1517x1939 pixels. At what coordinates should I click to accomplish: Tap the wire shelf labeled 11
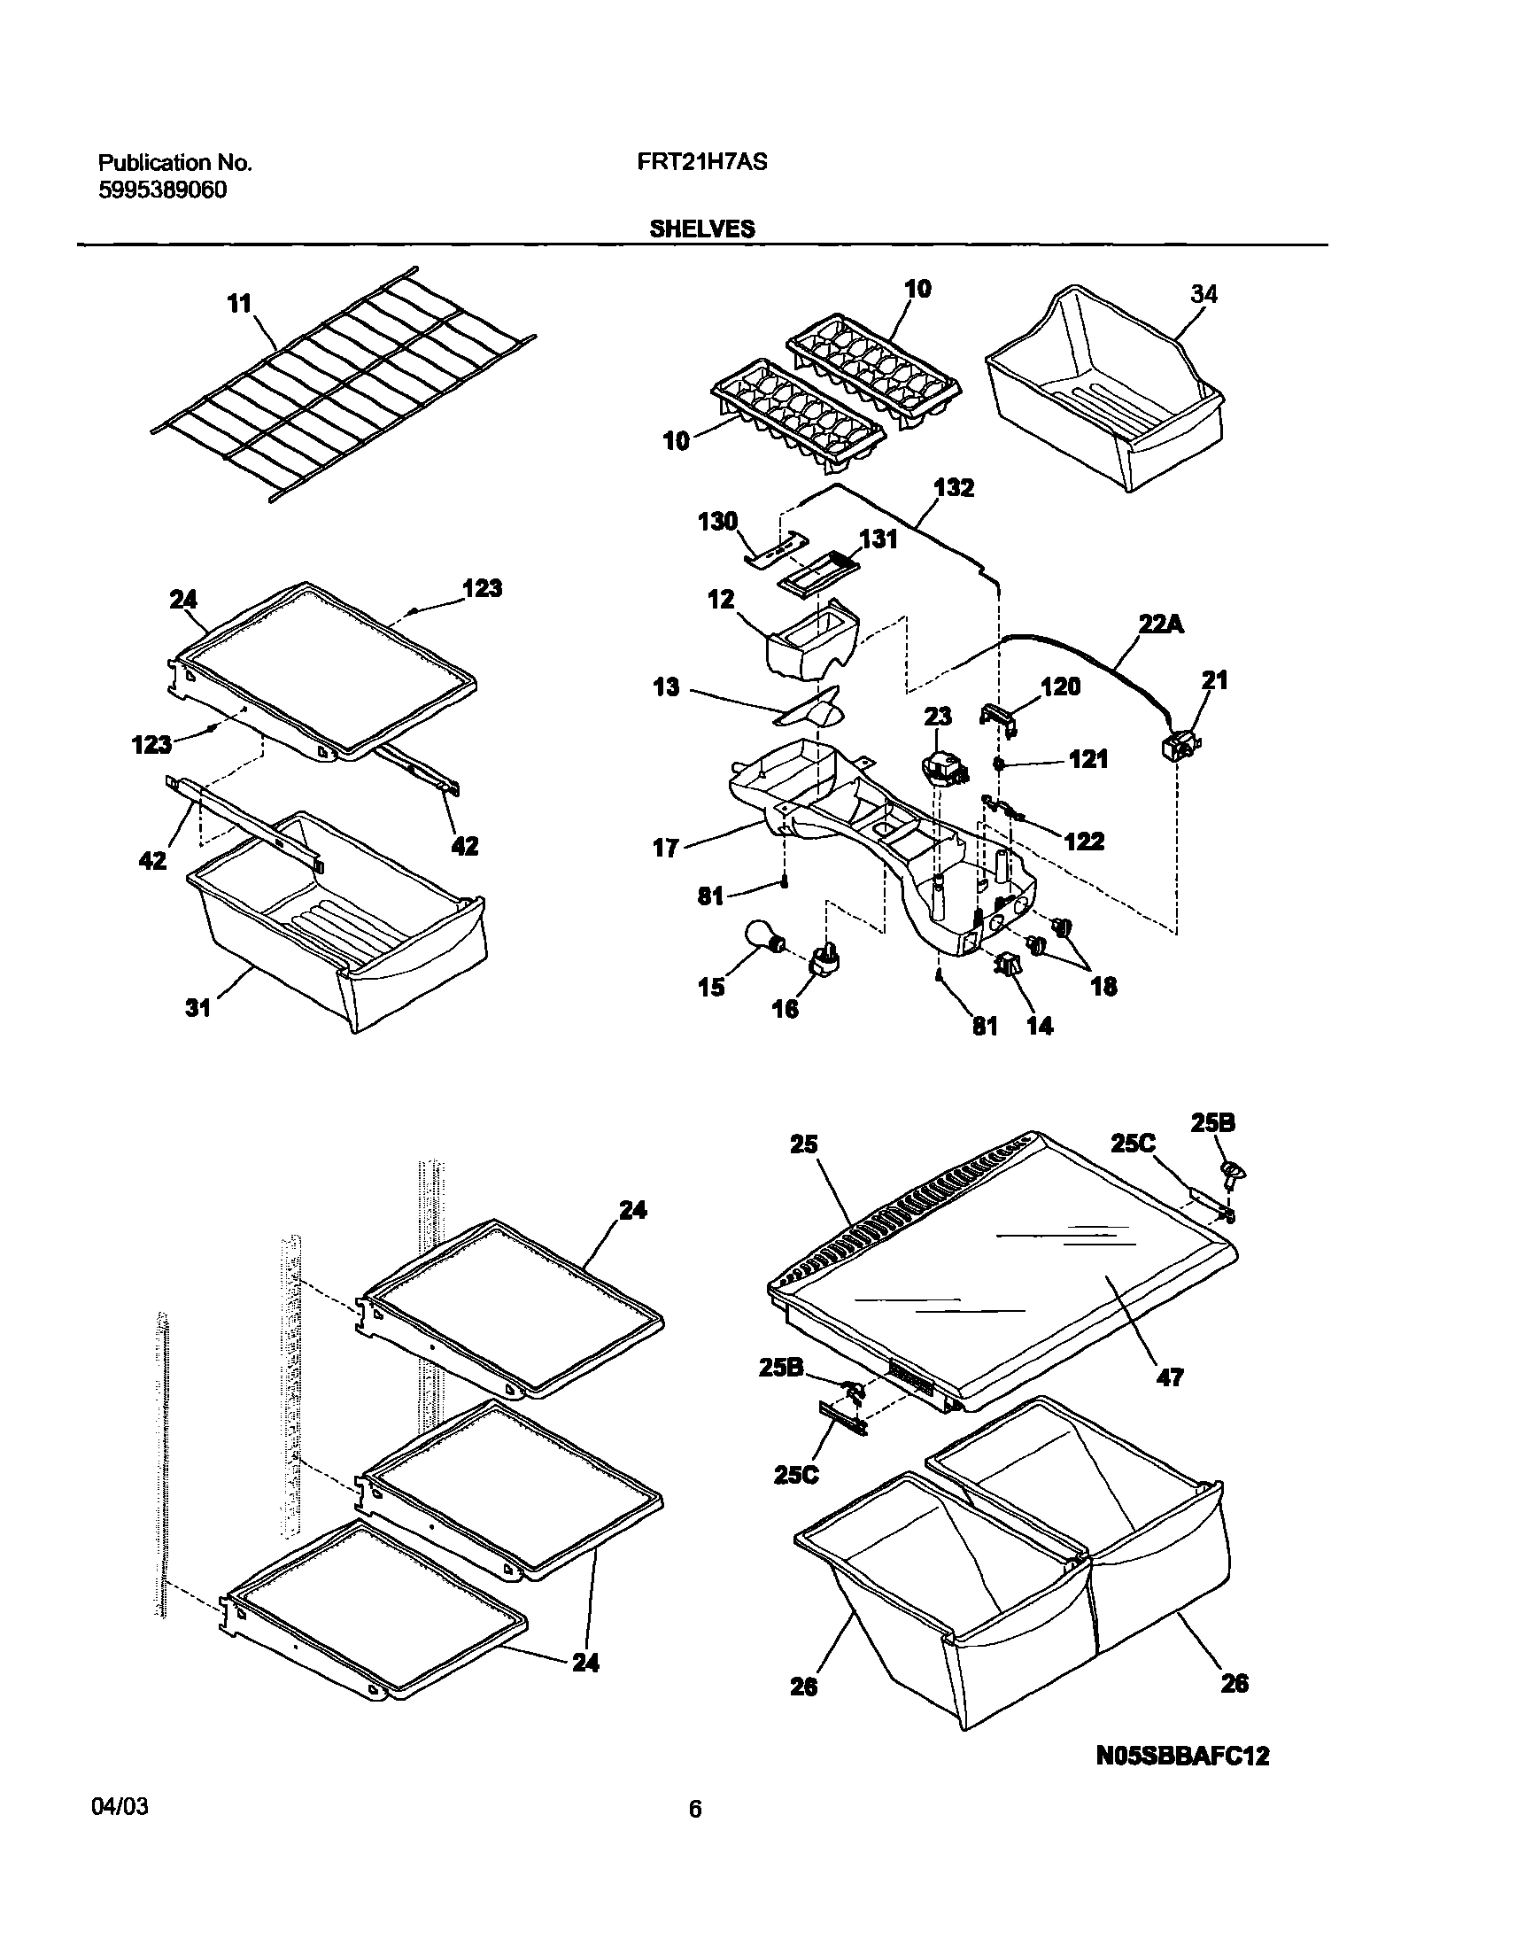tap(346, 382)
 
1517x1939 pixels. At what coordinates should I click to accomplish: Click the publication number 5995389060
tap(162, 190)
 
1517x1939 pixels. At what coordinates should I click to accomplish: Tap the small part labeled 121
tap(999, 764)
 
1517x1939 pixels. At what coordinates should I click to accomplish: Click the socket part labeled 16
tap(826, 960)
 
